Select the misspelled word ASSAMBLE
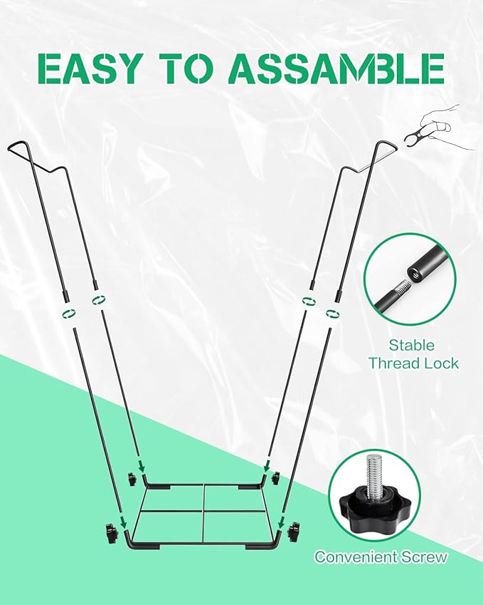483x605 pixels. [339, 68]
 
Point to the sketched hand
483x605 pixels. [446, 125]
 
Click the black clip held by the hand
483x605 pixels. [412, 135]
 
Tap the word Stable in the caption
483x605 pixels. [411, 346]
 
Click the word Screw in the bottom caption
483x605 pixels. [426, 557]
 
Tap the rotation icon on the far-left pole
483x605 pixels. [69, 314]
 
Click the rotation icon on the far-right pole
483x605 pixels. [330, 314]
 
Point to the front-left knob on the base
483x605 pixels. [111, 531]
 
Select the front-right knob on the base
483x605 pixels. [294, 531]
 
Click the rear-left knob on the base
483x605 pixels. [132, 477]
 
